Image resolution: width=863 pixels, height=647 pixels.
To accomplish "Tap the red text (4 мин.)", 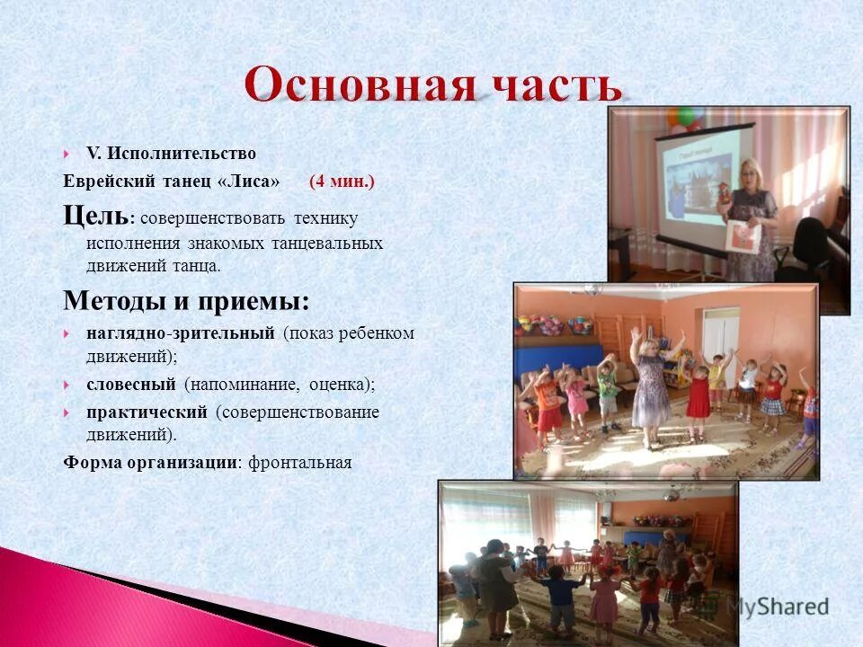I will [342, 182].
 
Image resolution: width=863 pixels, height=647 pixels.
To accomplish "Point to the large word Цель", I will [95, 216].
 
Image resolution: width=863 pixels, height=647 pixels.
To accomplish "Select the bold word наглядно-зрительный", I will [180, 333].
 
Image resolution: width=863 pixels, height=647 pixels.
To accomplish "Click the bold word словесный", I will [130, 385].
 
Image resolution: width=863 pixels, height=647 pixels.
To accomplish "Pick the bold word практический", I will [147, 412].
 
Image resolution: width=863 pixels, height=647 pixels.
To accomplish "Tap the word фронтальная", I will [299, 463].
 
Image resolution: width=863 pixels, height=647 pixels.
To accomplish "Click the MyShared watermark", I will [778, 607].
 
